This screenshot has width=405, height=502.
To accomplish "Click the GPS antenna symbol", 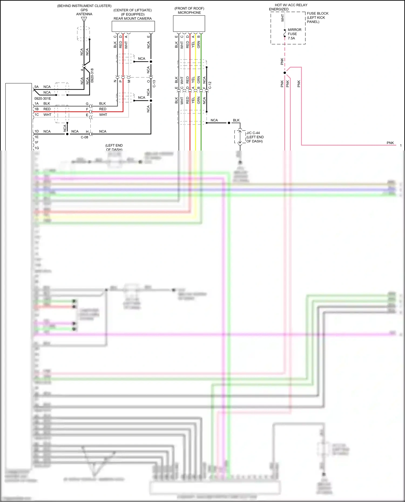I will click(84, 20).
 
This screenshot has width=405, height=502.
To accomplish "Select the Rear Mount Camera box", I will click(133, 26).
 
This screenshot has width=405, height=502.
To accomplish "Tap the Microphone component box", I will click(189, 23).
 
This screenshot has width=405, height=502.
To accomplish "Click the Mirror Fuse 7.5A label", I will click(294, 34).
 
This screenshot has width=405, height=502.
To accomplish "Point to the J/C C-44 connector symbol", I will click(240, 137).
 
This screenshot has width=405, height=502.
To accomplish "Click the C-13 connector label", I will click(154, 84).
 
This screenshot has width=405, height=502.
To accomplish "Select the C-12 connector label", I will click(210, 85).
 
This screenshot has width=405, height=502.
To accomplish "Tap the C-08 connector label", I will click(85, 137).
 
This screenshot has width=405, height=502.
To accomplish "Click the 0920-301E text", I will click(42, 98).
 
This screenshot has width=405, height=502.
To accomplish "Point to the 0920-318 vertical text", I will click(92, 75).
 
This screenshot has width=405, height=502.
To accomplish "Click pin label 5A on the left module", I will click(36, 87).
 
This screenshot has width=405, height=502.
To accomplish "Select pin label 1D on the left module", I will click(36, 131).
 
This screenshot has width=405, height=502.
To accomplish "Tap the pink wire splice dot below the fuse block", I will click(285, 73).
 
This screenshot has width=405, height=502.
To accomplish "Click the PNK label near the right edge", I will click(390, 143).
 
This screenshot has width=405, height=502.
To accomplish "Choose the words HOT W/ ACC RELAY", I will click(291, 5).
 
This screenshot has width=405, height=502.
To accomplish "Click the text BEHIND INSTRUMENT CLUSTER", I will click(84, 6).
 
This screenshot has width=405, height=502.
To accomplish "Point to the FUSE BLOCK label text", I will click(318, 13).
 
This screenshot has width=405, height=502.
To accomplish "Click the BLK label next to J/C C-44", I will click(236, 120).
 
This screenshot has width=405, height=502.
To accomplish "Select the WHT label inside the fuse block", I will click(282, 18).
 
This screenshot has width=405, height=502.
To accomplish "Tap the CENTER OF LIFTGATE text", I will click(133, 10).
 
